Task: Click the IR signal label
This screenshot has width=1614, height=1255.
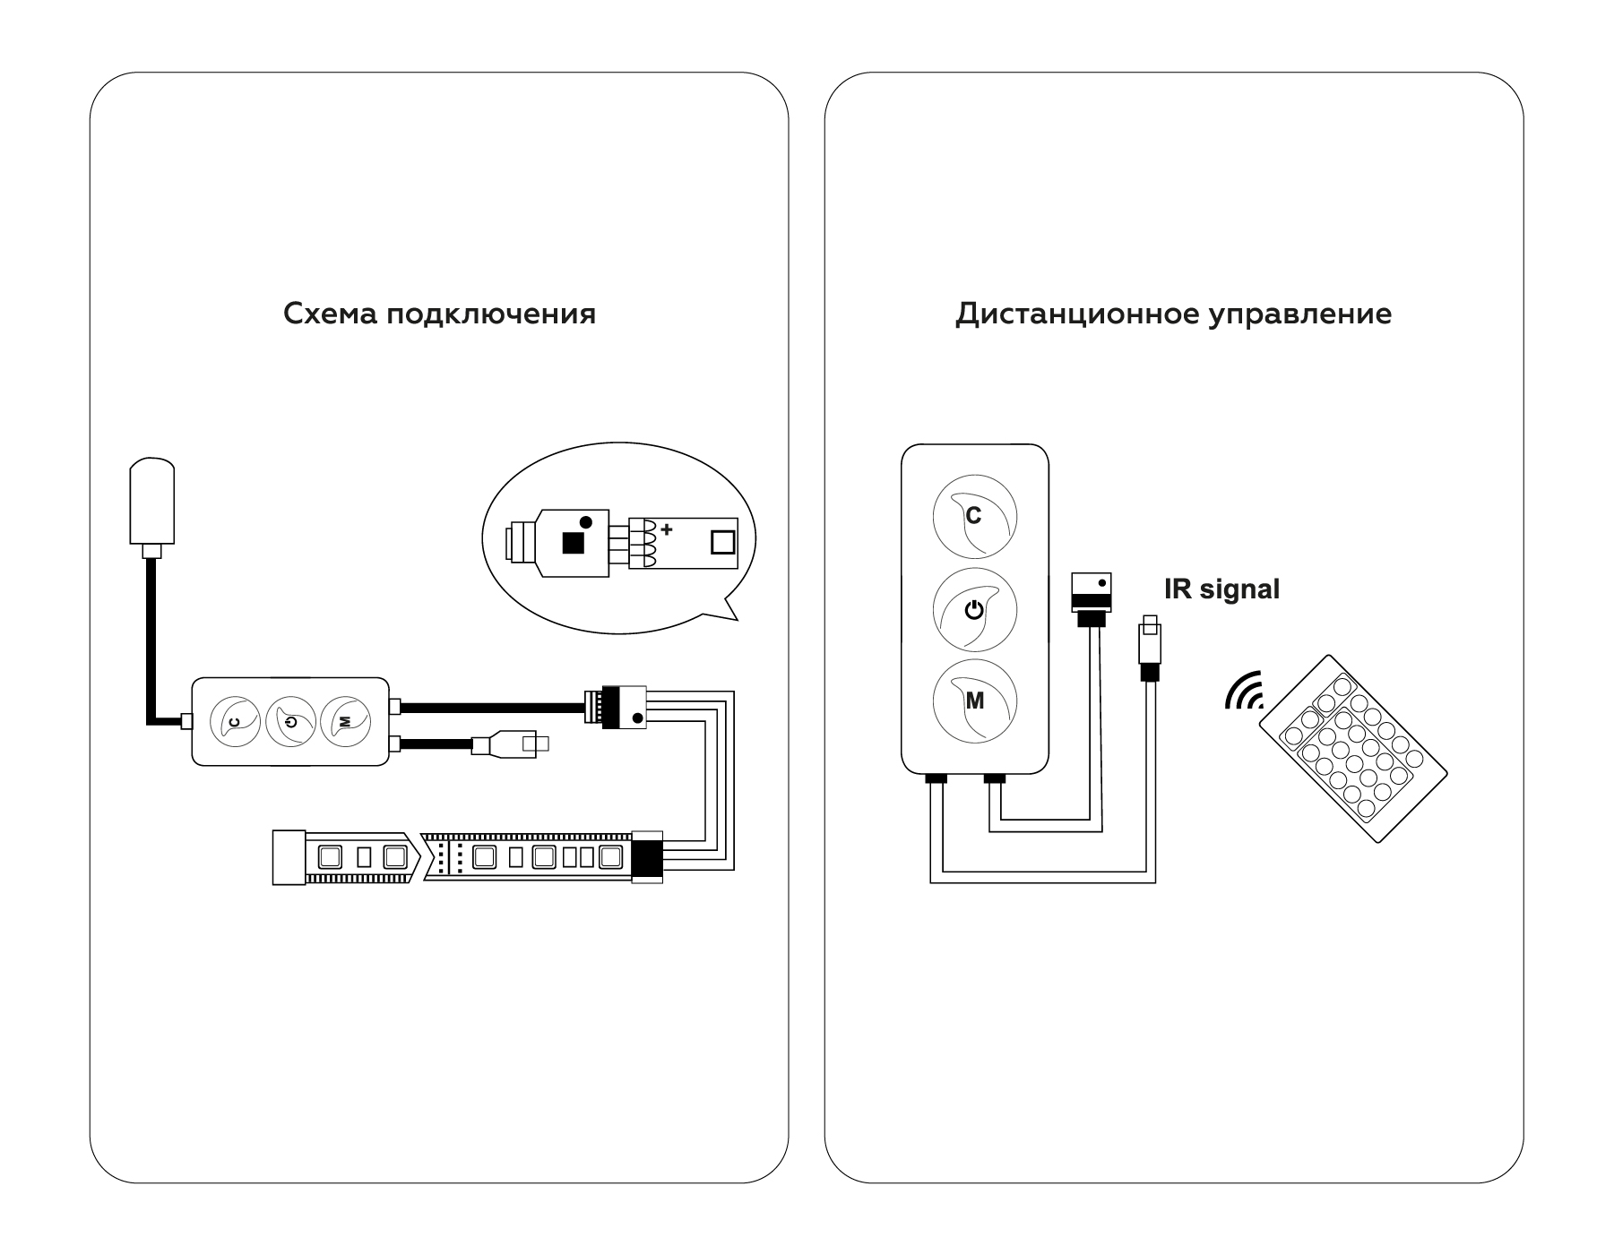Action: point(1221,589)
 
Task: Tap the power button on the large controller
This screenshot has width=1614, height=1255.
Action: point(975,610)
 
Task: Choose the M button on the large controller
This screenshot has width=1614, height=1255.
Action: point(975,701)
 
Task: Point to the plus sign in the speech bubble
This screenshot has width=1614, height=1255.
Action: point(666,529)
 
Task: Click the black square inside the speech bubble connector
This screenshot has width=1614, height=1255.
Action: point(572,542)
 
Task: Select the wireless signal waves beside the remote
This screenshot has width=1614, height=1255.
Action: point(1245,692)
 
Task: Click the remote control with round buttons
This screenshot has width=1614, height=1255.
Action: point(1353,748)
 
